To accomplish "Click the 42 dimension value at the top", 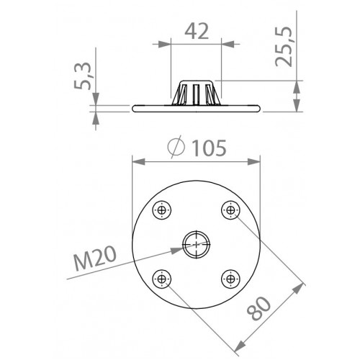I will click(196, 30).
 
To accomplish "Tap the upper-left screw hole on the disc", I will click(162, 210).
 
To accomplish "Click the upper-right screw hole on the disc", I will click(229, 210).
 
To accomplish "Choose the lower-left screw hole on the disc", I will click(162, 277).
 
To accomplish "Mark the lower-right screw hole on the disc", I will click(229, 277).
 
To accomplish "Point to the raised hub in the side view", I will click(196, 93).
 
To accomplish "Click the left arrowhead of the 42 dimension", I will click(174, 45).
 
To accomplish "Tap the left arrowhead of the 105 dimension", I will click(134, 161).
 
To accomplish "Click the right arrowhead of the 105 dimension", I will click(257, 161).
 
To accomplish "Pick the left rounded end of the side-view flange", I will click(135, 108).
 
